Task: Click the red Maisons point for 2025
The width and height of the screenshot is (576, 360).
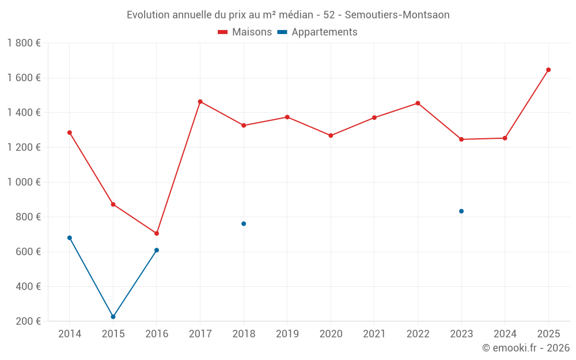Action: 548,70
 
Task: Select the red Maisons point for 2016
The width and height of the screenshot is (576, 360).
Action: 157,233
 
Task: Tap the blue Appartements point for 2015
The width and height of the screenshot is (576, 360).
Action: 113,317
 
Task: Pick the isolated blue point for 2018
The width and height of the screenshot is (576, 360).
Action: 244,223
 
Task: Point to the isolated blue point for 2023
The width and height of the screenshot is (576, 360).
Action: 461,211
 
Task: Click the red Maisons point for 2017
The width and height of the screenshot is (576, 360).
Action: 200,101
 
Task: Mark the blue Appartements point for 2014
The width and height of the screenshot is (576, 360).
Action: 70,238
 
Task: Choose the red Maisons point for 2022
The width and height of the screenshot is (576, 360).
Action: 418,103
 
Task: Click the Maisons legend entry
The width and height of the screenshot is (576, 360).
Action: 245,32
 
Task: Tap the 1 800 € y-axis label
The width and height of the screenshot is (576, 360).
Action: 24,43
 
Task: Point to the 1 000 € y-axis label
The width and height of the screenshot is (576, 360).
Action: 24,182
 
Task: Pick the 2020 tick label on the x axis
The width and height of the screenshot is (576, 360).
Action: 331,334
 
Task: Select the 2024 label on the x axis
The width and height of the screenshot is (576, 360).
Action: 505,334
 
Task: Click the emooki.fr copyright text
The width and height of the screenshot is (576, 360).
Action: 525,348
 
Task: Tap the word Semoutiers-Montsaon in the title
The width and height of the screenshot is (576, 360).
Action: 397,15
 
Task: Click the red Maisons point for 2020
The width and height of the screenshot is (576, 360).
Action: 331,135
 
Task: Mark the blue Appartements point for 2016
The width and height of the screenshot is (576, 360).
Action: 157,250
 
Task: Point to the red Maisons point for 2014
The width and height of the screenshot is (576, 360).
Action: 70,132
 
